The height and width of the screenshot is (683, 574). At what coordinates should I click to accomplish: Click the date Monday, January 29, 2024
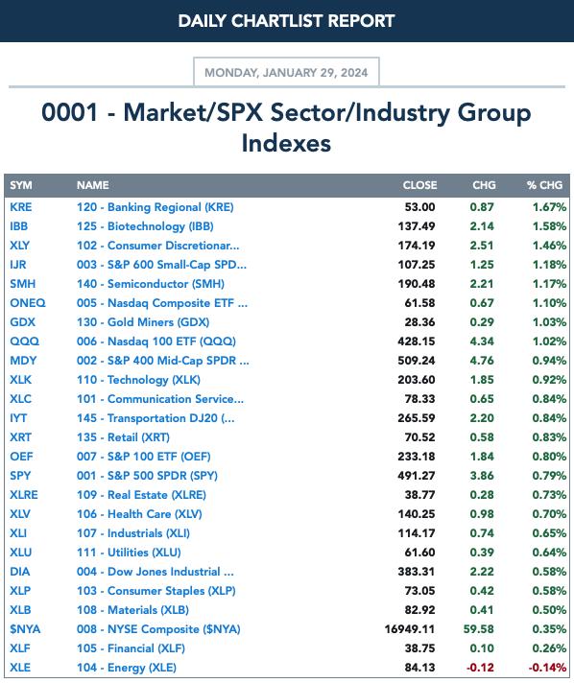[x=286, y=72]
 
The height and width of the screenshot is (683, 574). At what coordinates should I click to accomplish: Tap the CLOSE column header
[x=419, y=185]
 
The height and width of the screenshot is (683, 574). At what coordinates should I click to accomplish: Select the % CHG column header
[x=544, y=185]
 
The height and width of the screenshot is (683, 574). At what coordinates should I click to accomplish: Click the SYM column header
[x=21, y=185]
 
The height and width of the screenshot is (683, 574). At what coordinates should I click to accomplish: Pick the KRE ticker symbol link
[x=21, y=207]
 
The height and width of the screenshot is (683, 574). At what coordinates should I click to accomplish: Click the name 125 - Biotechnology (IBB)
[x=145, y=226]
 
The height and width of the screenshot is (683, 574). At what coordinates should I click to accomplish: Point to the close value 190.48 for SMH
[x=417, y=284]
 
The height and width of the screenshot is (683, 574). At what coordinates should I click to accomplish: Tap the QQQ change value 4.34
[x=482, y=341]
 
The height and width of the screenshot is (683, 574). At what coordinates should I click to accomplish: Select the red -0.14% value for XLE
[x=547, y=668]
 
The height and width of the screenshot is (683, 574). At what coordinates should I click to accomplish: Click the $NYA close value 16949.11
[x=410, y=629]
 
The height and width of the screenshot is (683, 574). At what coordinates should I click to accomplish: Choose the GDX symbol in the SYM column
[x=23, y=322]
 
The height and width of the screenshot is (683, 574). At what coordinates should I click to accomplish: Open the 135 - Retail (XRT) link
[x=123, y=437]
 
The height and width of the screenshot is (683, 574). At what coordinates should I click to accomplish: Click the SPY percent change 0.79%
[x=549, y=476]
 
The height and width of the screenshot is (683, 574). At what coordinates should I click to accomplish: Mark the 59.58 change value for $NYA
[x=479, y=629]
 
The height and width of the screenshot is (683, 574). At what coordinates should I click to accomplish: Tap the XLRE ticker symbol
[x=24, y=495]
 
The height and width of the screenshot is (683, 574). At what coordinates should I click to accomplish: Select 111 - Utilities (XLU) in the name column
[x=129, y=553]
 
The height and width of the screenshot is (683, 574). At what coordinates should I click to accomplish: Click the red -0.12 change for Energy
[x=480, y=668]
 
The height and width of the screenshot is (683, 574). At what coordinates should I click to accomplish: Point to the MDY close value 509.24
[x=417, y=361]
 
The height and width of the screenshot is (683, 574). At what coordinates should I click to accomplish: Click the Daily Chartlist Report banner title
[x=286, y=21]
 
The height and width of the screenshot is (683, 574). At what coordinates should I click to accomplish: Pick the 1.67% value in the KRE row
[x=549, y=207]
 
